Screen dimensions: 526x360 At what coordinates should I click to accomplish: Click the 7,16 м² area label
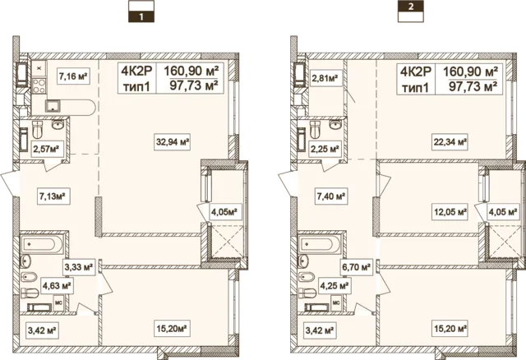pyautogui.click(x=73, y=76)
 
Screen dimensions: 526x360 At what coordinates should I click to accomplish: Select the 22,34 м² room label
pyautogui.click(x=450, y=142)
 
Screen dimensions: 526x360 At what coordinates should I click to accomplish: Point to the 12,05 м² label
pyautogui.click(x=450, y=212)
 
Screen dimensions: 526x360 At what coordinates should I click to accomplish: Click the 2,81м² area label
pyautogui.click(x=325, y=78)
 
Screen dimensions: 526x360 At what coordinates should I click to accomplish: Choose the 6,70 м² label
pyautogui.click(x=356, y=267)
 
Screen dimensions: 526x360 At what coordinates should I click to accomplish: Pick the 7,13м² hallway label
pyautogui.click(x=53, y=196)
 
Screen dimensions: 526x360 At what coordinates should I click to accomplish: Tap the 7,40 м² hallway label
pyautogui.click(x=330, y=196)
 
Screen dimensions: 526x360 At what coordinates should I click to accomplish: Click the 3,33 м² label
pyautogui.click(x=79, y=267)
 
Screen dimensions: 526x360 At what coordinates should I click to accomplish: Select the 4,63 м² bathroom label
pyautogui.click(x=57, y=286)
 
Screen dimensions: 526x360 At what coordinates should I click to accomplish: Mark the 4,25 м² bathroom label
pyautogui.click(x=335, y=286)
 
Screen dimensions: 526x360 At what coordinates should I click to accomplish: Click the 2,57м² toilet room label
pyautogui.click(x=48, y=149)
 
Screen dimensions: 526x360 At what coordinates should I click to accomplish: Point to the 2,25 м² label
pyautogui.click(x=325, y=149)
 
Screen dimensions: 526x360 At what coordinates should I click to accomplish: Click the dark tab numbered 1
pyautogui.click(x=141, y=16)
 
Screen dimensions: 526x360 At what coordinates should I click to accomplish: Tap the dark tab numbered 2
pyautogui.click(x=411, y=6)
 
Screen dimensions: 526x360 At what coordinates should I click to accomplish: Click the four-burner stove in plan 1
pyautogui.click(x=39, y=85)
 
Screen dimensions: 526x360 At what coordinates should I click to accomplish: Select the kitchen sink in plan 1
pyautogui.click(x=53, y=106)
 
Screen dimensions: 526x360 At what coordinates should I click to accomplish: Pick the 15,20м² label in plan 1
pyautogui.click(x=173, y=327)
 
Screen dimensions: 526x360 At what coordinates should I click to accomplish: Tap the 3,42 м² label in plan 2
pyautogui.click(x=320, y=330)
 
